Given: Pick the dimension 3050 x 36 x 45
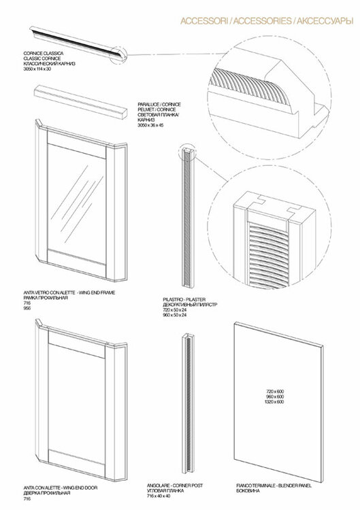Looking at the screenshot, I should pos(151,126).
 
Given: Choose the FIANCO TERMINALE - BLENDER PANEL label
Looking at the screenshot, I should pos(272,484).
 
